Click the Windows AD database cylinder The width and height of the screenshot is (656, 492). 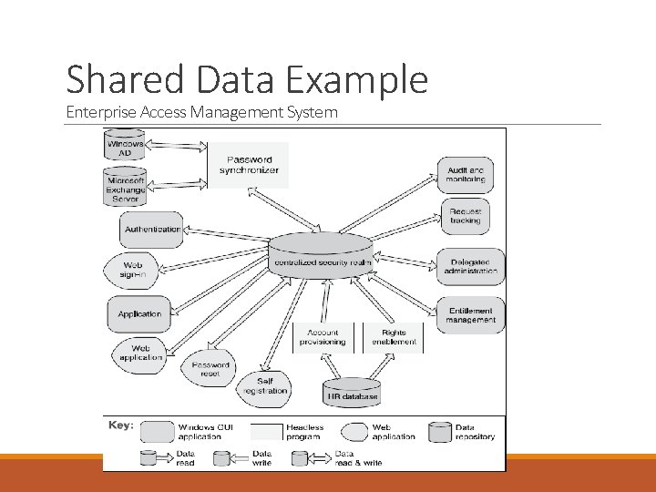click(125, 147)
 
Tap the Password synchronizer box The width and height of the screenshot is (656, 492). click(250, 165)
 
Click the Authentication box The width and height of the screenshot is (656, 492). click(152, 230)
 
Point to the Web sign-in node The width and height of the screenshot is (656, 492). click(133, 270)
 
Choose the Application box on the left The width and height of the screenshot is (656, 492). click(139, 314)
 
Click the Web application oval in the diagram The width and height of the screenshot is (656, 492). click(140, 353)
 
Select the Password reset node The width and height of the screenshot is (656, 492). click(210, 369)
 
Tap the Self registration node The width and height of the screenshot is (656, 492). click(265, 386)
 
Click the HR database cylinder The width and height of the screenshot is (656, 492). click(352, 392)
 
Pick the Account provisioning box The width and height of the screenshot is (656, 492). click(323, 337)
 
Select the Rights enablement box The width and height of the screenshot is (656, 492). click(394, 337)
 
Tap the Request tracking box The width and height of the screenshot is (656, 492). click(466, 216)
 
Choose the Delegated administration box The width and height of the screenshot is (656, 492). click(471, 266)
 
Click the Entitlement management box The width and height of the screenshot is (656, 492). click(471, 315)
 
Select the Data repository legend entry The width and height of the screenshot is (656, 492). click(465, 432)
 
